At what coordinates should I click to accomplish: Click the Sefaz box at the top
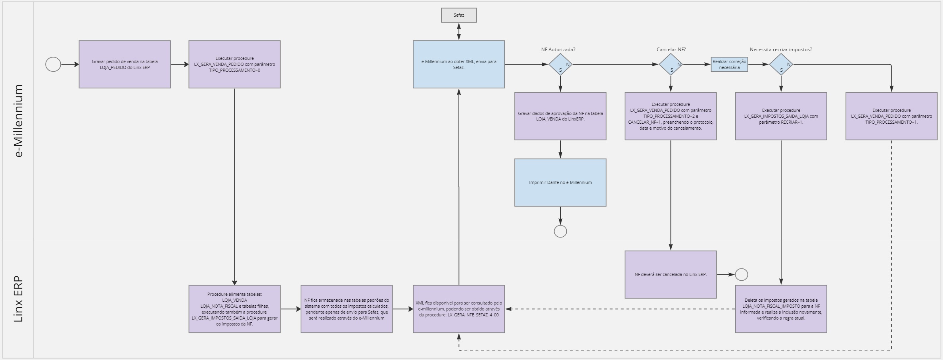[458, 15]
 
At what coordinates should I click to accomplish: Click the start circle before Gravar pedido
[53, 64]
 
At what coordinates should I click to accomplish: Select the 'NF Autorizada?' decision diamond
[560, 64]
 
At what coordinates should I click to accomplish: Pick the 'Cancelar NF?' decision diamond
[671, 64]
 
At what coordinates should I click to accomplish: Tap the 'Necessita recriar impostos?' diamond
[781, 64]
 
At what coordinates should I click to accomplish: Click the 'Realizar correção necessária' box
[729, 64]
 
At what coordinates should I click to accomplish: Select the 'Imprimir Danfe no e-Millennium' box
[560, 182]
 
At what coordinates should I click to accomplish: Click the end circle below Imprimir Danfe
[560, 231]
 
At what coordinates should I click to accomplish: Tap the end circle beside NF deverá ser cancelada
[741, 274]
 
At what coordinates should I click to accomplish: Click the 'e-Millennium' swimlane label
[18, 121]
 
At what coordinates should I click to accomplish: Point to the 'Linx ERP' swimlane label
[18, 299]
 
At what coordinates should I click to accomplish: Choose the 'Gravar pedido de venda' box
[125, 64]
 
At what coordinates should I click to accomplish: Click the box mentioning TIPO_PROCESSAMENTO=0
[234, 64]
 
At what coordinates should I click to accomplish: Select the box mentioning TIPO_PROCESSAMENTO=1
[891, 116]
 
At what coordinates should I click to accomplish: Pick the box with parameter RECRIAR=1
[781, 116]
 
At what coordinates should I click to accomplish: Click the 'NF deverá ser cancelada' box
[671, 274]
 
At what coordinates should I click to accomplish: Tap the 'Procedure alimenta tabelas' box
[234, 309]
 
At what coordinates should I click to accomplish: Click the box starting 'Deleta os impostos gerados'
[781, 309]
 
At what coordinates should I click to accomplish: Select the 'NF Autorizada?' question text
[558, 50]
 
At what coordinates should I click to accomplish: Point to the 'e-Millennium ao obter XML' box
[458, 64]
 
